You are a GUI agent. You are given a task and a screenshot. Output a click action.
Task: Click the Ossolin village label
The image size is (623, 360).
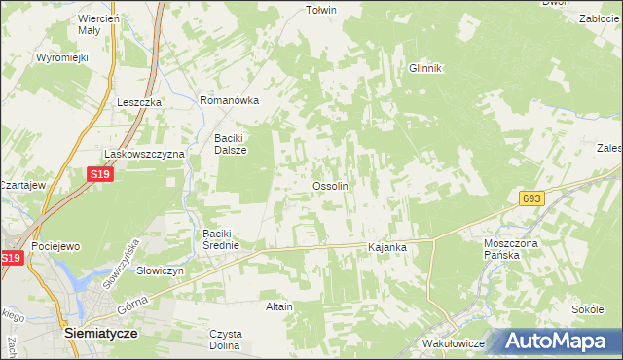pos(330,186)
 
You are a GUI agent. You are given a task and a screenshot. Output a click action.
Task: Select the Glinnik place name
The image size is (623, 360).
pos(425,68)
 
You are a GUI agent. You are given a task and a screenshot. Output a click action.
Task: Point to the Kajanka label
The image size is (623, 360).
pos(386,248)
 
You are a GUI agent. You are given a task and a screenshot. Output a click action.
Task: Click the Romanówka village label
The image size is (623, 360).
pos(229,100)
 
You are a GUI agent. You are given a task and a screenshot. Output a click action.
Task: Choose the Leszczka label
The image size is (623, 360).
pos(139,101)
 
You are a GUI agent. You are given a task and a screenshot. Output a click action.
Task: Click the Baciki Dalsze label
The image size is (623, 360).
pos(231,144)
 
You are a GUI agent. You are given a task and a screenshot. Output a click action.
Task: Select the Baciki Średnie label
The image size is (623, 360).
pos(227,239)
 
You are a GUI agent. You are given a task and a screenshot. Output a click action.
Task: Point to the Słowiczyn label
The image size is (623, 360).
pos(161,270)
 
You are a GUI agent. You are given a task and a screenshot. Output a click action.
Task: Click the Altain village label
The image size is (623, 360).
pos(279,306)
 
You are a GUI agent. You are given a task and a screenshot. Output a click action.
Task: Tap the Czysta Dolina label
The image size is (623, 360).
pos(225,340)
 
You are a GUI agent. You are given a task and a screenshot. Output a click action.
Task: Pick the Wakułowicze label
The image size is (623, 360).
pos(455,344)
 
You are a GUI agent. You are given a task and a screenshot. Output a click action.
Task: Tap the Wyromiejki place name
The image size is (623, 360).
pos(62,57)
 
